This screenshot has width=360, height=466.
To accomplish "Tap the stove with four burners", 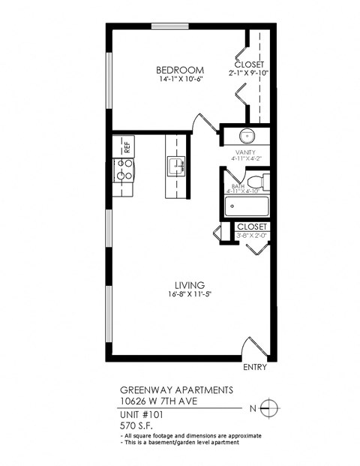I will click(122, 170).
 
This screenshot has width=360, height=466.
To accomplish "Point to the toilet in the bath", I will click(257, 182).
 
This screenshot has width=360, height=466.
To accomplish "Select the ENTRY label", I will click(255, 368).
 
